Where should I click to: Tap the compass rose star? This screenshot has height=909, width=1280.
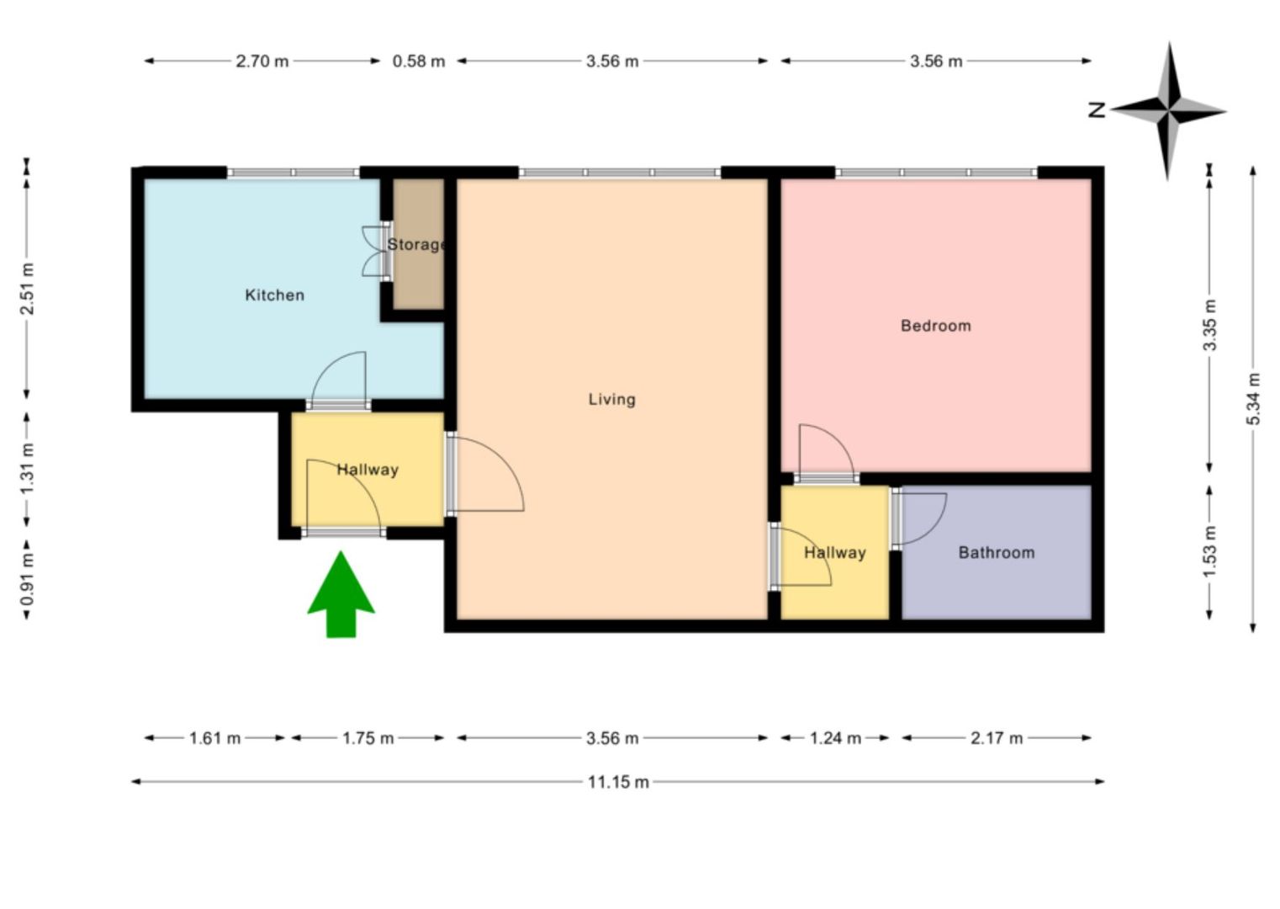click(x=1168, y=110)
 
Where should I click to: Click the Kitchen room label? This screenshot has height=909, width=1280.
click(x=274, y=295)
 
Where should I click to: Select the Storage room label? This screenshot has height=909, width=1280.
click(x=416, y=245)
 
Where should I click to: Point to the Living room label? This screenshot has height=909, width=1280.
click(x=611, y=399)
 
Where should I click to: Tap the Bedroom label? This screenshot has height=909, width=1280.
click(x=935, y=326)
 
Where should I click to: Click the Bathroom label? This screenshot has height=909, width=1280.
click(x=996, y=553)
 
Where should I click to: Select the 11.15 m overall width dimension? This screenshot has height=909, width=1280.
click(x=618, y=782)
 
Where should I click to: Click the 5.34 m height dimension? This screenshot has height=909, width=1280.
click(x=1253, y=398)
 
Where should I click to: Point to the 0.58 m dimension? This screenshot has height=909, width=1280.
click(x=419, y=61)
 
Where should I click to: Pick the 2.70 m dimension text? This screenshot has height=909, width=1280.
click(x=262, y=61)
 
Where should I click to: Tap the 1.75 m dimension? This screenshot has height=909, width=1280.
click(x=368, y=738)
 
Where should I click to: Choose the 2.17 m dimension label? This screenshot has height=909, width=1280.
click(x=997, y=738)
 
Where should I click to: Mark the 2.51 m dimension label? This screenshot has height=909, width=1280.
click(x=28, y=289)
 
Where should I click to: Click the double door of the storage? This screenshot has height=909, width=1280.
click(x=374, y=251)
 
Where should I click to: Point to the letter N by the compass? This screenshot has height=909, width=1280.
click(x=1097, y=109)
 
